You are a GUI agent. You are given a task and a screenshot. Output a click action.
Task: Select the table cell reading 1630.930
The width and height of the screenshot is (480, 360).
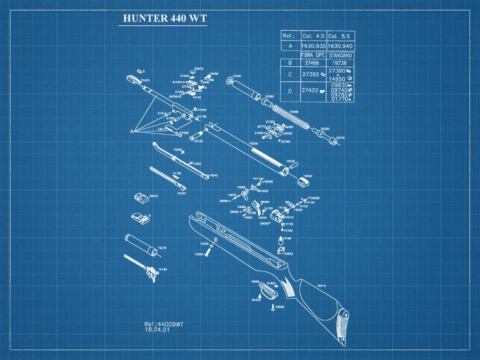pos(313,46)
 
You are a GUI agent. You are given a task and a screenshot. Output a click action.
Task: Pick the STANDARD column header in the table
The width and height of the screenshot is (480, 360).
pos(340,55)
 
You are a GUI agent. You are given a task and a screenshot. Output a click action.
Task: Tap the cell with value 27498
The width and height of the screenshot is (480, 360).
pos(313,63)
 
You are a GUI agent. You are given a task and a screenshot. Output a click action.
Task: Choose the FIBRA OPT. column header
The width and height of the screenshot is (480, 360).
pos(313,55)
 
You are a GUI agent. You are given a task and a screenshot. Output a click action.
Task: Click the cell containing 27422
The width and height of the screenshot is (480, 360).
pos(313,90)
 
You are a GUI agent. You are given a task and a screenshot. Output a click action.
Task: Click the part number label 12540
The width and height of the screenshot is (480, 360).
pos(236,76)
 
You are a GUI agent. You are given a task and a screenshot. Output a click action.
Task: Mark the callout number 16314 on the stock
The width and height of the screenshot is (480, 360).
pos(322,286)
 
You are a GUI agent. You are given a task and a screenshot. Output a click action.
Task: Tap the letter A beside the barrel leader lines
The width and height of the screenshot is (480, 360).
pos(131,131)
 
